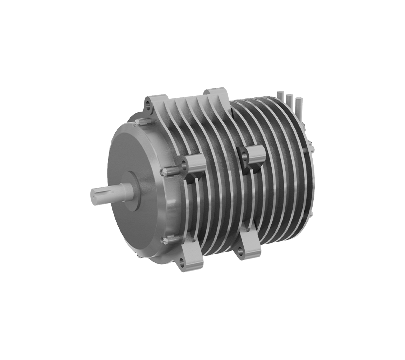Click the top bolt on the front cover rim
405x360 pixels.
click(x=141, y=121)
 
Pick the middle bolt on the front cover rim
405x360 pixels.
click(x=163, y=172)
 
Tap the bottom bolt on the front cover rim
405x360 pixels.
click(x=164, y=241)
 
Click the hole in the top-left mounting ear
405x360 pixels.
click(x=148, y=103)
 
